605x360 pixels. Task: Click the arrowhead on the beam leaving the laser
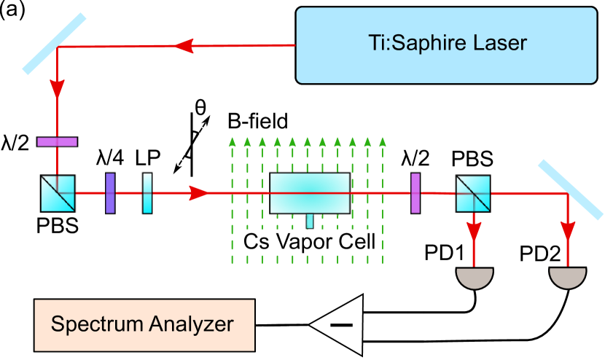[184, 47]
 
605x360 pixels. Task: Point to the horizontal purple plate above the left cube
[58, 142]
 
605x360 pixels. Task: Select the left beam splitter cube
[58, 193]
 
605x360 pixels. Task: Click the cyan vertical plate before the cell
[148, 193]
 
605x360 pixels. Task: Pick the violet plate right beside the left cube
[110, 193]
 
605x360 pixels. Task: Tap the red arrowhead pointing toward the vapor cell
[199, 193]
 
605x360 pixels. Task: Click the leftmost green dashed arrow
[232, 197]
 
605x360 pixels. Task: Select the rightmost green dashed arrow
[383, 197]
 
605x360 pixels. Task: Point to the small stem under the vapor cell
[310, 221]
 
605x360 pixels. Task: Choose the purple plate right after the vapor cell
[415, 193]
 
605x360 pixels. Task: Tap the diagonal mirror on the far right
[571, 189]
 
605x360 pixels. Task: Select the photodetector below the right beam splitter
[475, 278]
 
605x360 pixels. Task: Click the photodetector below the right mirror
[568, 278]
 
